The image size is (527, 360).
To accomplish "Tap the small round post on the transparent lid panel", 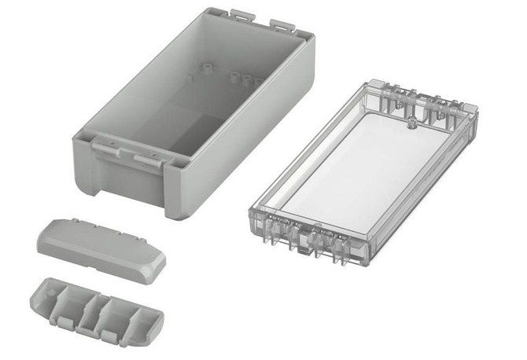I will click(x=410, y=123).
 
